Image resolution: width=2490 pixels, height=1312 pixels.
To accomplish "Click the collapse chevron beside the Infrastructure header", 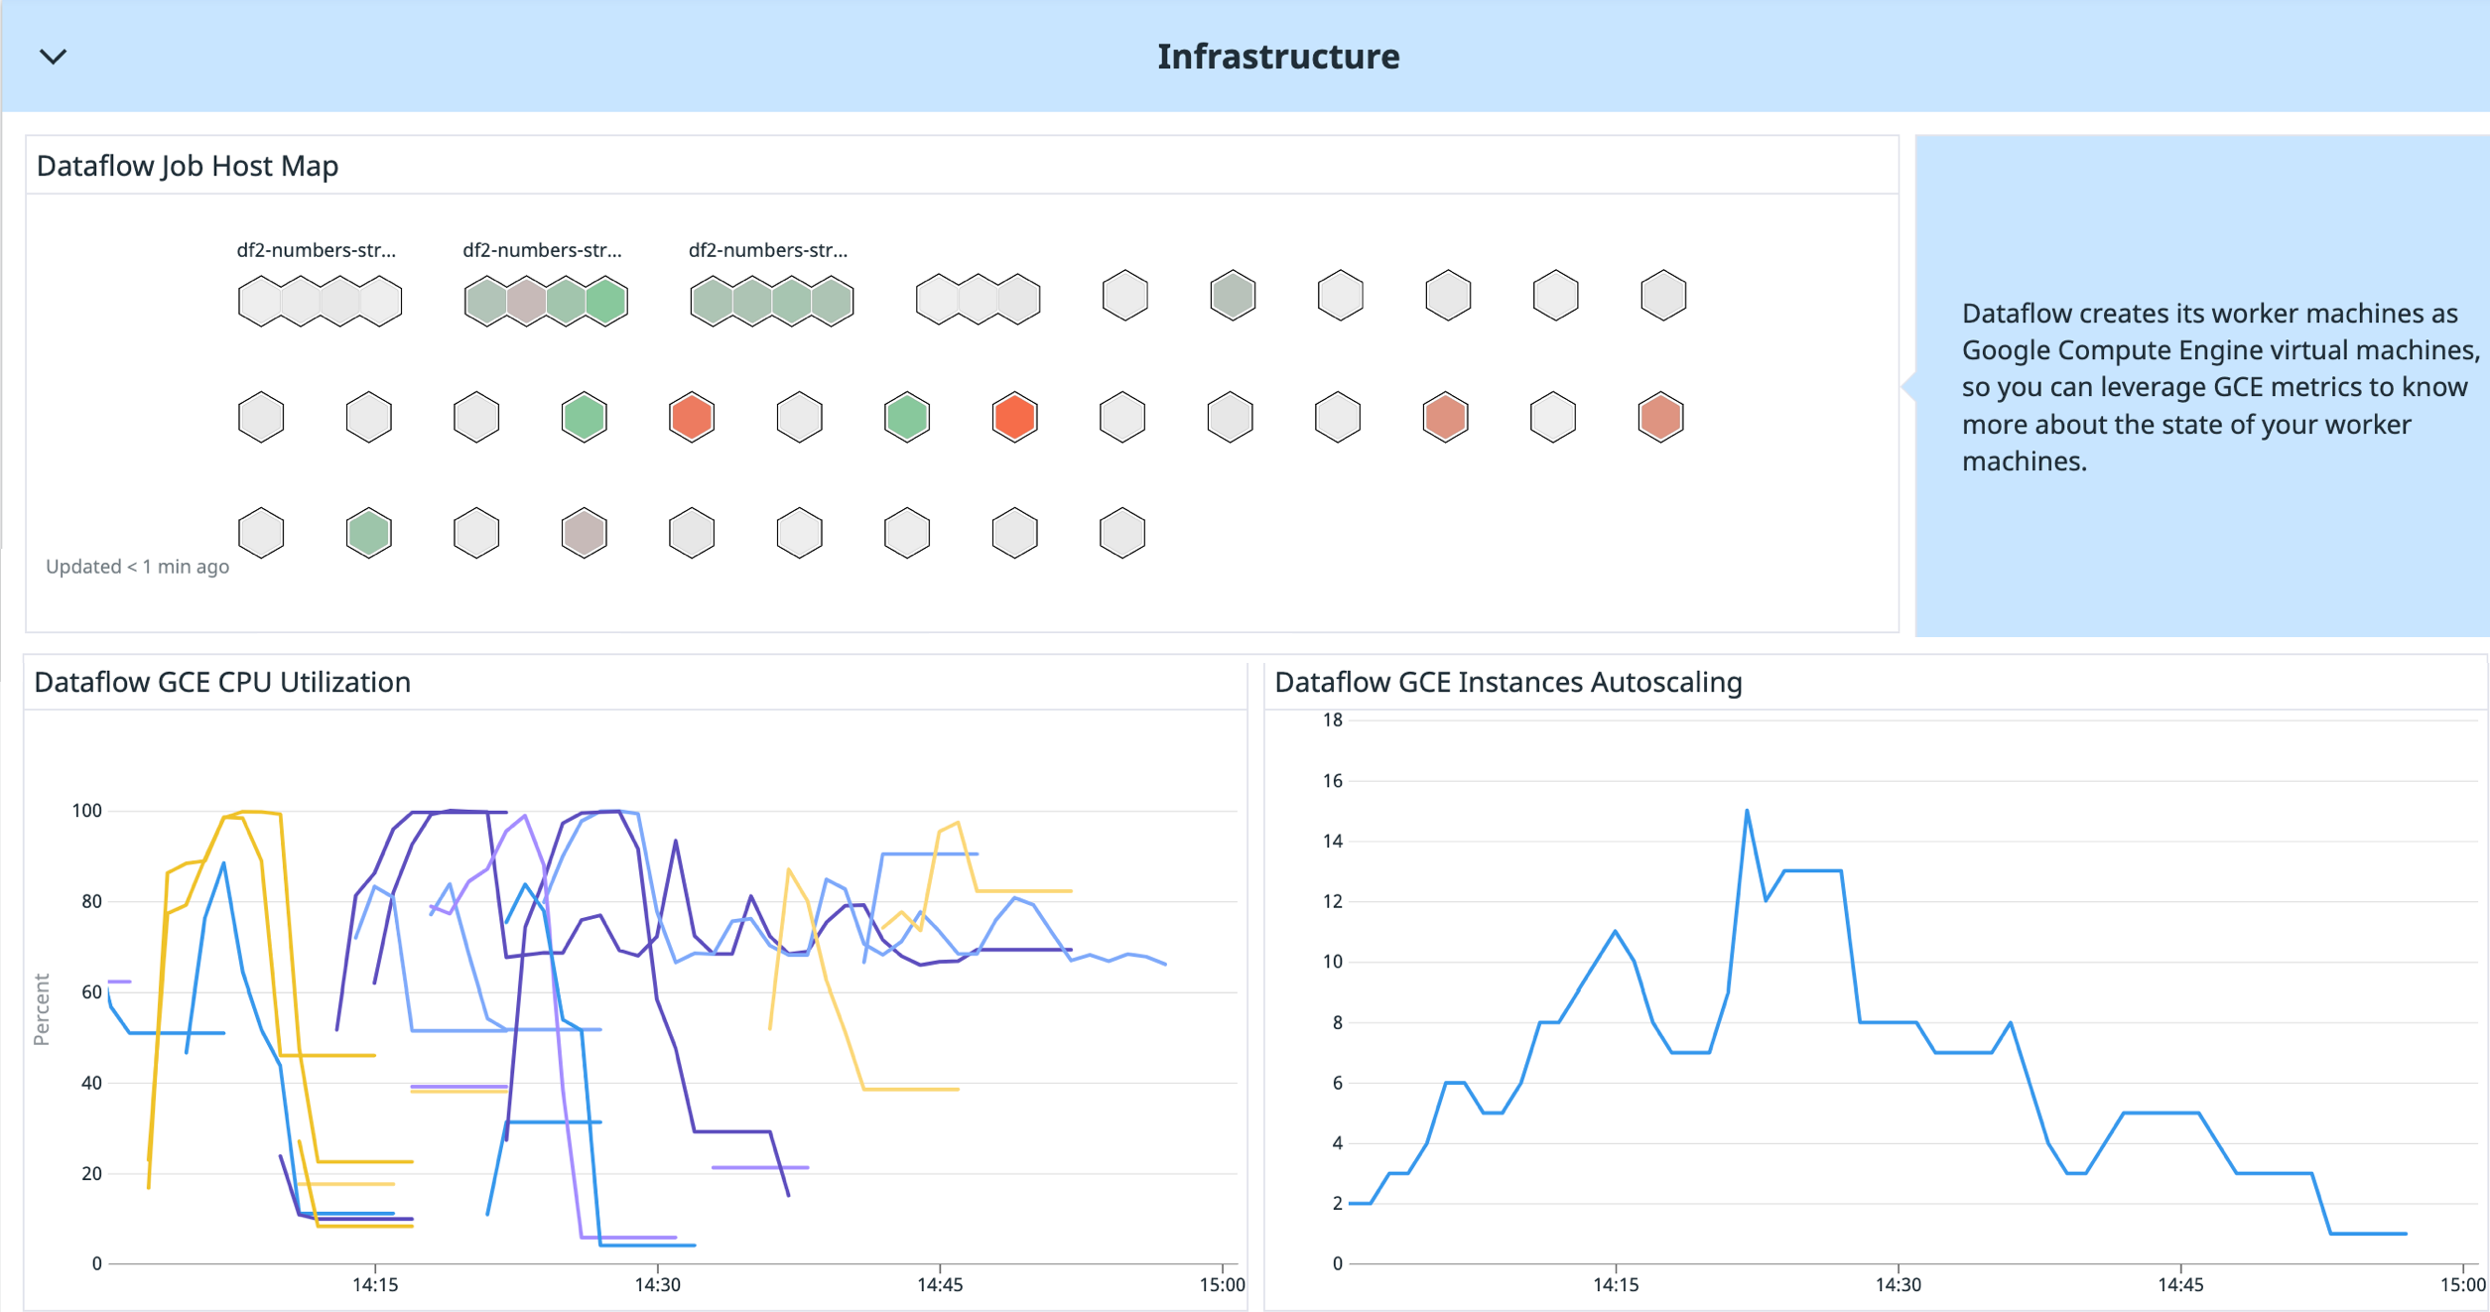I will (x=53, y=57).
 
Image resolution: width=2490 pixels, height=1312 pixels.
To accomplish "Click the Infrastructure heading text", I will (x=1277, y=57).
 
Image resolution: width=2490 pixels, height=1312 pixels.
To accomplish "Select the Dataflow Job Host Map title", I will (x=187, y=166).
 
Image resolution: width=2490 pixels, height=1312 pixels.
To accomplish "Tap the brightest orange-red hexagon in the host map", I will (x=1014, y=417).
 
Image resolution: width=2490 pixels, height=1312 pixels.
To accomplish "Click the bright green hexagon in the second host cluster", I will (x=606, y=301).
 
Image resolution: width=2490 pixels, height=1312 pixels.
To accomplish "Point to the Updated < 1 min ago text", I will (x=137, y=567).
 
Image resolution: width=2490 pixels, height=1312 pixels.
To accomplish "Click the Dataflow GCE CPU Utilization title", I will (x=221, y=682).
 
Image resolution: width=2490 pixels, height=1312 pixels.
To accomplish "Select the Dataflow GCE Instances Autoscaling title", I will (x=1507, y=682).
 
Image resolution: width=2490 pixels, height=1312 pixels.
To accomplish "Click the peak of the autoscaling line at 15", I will (x=1747, y=812).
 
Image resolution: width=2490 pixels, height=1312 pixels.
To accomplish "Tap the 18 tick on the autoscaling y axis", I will (x=1332, y=721).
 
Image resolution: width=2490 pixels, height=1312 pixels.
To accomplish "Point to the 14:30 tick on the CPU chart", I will (x=657, y=1285).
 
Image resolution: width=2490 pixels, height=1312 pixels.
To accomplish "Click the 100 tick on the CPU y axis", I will (x=87, y=811).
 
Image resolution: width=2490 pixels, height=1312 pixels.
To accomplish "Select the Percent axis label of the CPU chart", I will (x=42, y=1009).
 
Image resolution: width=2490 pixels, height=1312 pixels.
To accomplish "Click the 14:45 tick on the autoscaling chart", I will (x=2180, y=1285).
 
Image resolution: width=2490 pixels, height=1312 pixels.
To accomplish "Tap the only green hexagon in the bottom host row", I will (x=369, y=533).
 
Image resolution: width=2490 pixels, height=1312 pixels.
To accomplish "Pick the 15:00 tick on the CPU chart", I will (x=1222, y=1285).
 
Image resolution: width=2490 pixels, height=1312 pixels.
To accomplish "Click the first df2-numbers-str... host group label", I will (x=316, y=250).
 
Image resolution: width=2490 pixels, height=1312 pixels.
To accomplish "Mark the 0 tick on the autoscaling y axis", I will (x=1337, y=1263).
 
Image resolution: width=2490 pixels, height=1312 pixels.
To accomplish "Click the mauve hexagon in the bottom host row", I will (x=584, y=533).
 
